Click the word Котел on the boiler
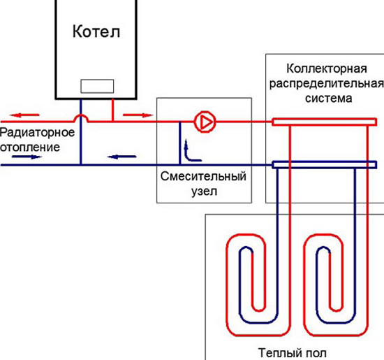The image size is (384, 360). click(96, 31)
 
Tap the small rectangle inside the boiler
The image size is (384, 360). click(97, 86)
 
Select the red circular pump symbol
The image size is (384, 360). click(205, 122)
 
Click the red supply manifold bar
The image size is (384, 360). click(324, 122)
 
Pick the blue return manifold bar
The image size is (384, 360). click(324, 164)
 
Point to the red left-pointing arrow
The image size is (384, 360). click(24, 115)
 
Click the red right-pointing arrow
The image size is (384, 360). click(138, 115)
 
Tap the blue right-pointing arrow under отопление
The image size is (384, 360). click(27, 157)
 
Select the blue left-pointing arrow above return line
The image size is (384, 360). click(121, 157)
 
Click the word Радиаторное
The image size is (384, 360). click(37, 133)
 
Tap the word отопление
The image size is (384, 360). click(30, 147)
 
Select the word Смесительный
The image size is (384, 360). click(203, 176)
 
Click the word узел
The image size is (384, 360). click(205, 192)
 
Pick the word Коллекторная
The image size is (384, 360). click(327, 69)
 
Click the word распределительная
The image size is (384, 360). click(327, 84)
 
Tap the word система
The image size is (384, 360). click(329, 99)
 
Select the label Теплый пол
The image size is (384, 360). click(293, 353)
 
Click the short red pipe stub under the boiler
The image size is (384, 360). click(112, 110)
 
